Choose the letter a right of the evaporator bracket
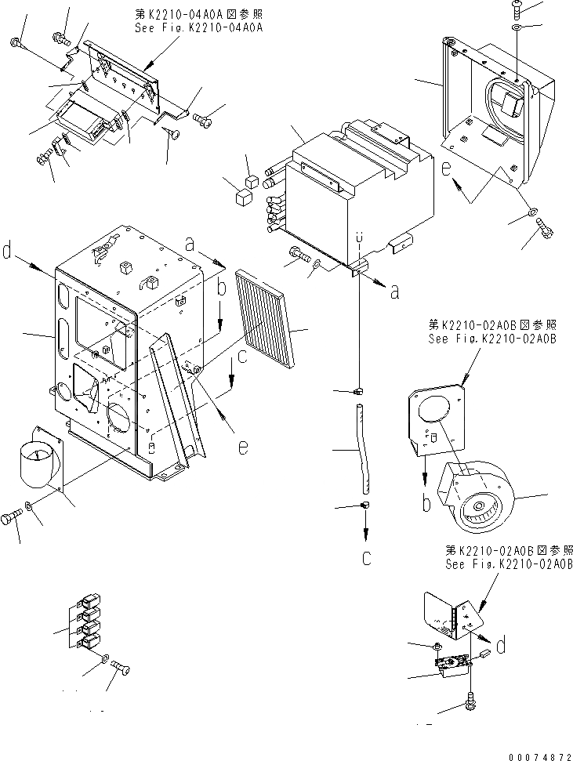click(x=394, y=292)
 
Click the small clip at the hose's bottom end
click(x=366, y=507)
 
